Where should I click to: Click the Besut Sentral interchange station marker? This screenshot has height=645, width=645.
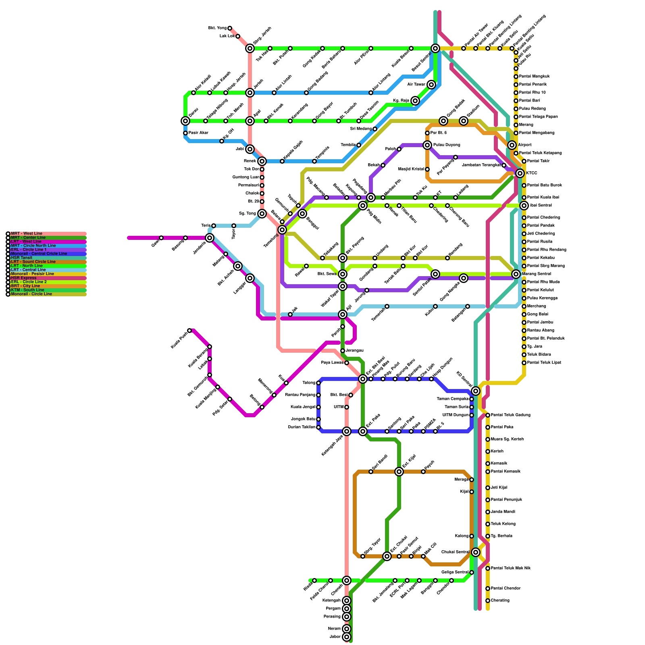click(x=435, y=48)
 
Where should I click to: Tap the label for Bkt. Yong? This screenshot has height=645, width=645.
click(x=217, y=28)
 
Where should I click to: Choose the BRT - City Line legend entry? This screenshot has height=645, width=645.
click(x=25, y=286)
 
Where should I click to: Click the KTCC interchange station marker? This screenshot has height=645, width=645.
click(x=520, y=173)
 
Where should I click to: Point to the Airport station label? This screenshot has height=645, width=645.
click(x=524, y=145)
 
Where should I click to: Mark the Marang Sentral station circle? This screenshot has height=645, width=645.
click(x=516, y=274)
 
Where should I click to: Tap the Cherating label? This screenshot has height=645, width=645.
click(x=500, y=601)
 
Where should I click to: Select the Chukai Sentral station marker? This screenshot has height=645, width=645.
click(x=476, y=552)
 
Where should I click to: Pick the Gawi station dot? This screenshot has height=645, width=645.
click(x=161, y=238)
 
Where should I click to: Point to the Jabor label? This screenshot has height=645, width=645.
click(x=335, y=637)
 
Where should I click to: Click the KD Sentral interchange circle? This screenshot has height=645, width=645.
click(x=476, y=391)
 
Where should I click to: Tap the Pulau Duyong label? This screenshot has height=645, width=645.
click(x=447, y=145)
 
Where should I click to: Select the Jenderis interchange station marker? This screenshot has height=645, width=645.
click(x=210, y=238)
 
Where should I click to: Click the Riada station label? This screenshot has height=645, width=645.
click(x=308, y=586)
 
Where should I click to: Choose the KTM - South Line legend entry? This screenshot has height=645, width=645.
click(x=27, y=290)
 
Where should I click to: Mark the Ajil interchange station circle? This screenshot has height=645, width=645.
click(x=343, y=314)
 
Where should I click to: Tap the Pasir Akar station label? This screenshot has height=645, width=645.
click(x=198, y=133)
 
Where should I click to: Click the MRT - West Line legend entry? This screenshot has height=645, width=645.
click(x=26, y=233)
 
